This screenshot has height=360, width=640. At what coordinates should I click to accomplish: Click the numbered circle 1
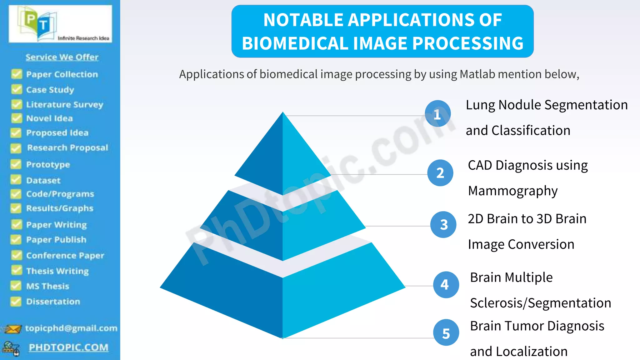437,114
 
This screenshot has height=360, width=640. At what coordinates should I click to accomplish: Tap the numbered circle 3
443,225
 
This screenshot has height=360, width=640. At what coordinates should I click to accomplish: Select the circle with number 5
446,333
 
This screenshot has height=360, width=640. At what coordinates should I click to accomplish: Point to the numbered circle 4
446,284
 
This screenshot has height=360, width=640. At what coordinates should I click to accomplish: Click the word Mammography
512,191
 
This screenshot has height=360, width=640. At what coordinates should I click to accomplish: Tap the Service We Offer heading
62,57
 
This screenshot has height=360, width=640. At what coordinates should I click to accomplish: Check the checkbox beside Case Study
17,90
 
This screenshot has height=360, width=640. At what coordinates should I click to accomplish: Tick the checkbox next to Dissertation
16,302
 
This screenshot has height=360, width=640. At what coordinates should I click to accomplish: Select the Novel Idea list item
49,118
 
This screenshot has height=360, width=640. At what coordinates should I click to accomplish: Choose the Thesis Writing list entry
57,271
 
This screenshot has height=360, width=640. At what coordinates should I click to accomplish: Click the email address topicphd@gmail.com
71,328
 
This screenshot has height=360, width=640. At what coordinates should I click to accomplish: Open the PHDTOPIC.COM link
68,347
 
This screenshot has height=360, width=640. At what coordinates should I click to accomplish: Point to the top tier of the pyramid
283,156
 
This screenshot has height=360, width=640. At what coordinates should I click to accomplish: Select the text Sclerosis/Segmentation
540,303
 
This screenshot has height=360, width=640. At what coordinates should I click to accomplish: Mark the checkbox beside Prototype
16,164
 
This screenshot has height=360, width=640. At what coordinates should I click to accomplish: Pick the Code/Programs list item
60,194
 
